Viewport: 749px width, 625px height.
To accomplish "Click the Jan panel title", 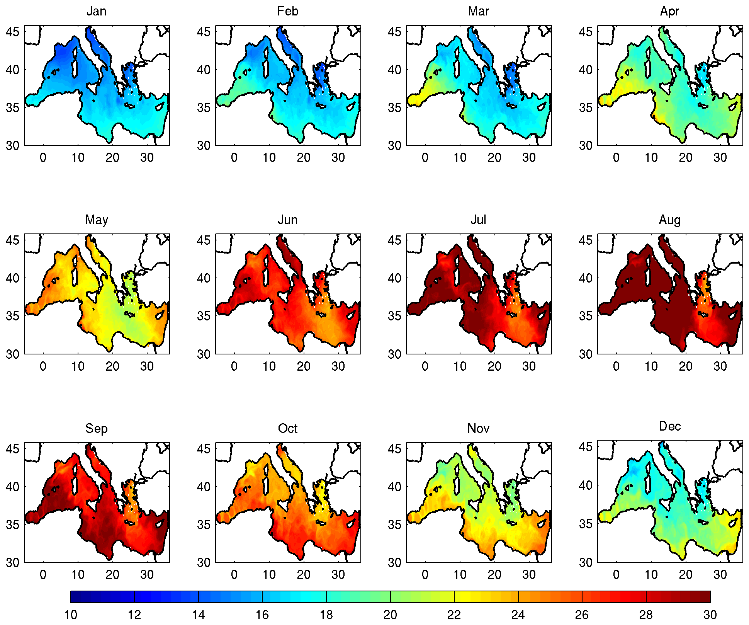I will tap(96, 11).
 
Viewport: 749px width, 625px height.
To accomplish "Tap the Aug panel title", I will tap(670, 220).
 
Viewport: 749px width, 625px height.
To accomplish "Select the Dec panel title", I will tap(670, 426).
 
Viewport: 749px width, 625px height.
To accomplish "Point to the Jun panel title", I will tap(288, 220).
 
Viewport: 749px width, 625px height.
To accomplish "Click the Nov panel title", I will tap(478, 429).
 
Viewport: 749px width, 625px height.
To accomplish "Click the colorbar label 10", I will tap(70, 615).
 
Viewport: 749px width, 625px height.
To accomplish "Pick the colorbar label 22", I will tap(454, 615).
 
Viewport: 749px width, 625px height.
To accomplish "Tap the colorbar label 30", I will tap(710, 615).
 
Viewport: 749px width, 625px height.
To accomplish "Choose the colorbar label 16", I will tap(262, 615).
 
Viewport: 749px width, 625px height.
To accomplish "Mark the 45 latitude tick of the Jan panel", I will tap(12, 32).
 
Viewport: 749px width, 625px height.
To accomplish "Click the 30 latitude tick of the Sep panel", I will tap(12, 562).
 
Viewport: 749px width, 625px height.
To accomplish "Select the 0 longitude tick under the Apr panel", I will tap(616, 158).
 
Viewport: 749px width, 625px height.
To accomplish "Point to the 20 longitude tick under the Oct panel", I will tap(304, 575).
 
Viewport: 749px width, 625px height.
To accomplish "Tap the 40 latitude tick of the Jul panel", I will tap(394, 278).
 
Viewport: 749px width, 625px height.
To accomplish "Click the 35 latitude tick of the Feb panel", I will tap(204, 107).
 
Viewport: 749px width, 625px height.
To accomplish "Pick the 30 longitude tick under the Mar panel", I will tap(529, 158).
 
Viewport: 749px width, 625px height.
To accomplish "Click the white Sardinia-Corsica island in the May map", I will tap(75, 271).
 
